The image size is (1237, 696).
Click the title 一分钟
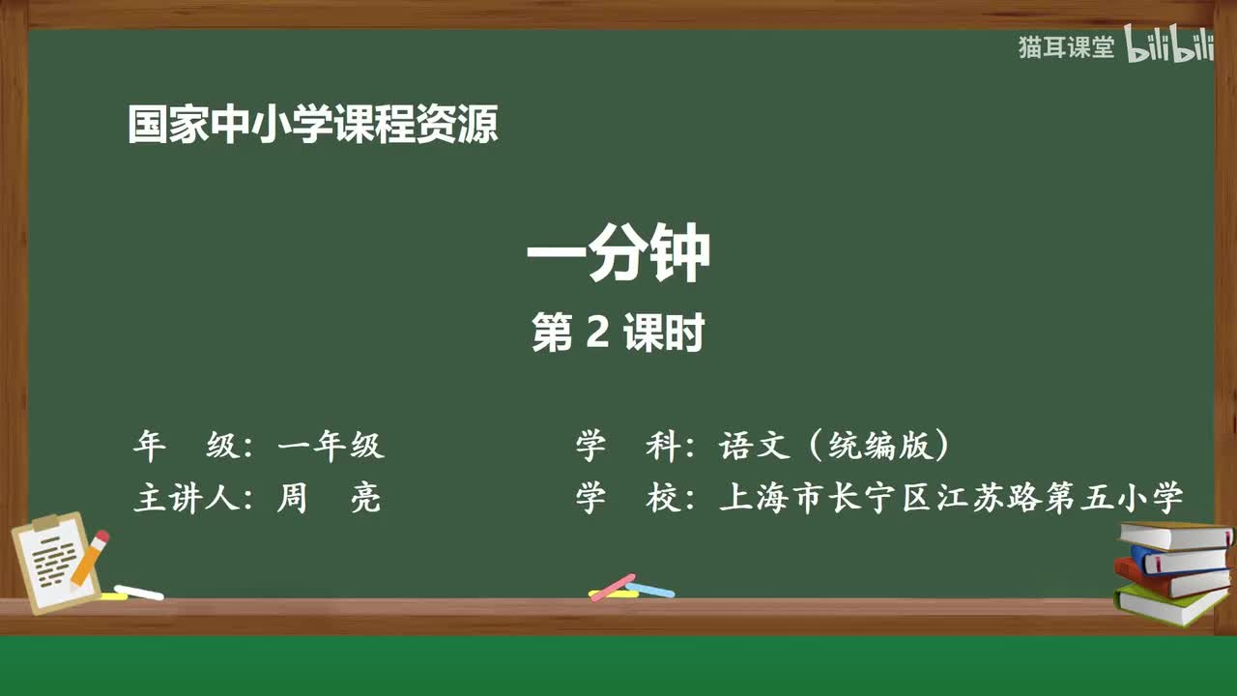pyautogui.click(x=618, y=254)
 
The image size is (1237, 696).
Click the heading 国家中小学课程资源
pyautogui.click(x=313, y=125)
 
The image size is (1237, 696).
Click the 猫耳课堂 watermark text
pyautogui.click(x=1066, y=47)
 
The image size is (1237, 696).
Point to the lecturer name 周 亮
pyautogui.click(x=329, y=498)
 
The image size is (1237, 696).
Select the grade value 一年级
pyautogui.click(x=331, y=446)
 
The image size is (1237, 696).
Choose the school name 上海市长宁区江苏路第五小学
pyautogui.click(x=951, y=498)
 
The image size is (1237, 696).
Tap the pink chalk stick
pyautogui.click(x=612, y=587)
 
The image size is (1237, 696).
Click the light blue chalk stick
pyautogui.click(x=650, y=589)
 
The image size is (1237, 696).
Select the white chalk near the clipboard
pyautogui.click(x=139, y=592)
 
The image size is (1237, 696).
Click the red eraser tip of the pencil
pyautogui.click(x=101, y=537)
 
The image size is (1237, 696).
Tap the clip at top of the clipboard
pyautogui.click(x=45, y=522)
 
